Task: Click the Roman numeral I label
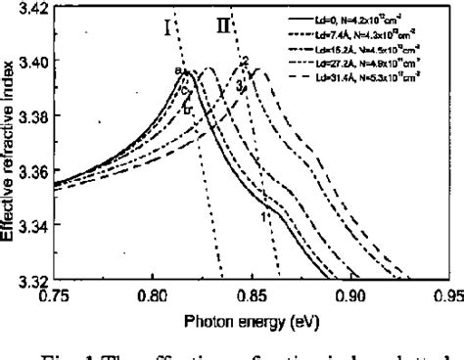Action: pos(168,26)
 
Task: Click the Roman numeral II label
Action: pos(223,26)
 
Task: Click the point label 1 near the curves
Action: pos(263,216)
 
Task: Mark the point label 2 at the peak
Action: pos(245,63)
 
